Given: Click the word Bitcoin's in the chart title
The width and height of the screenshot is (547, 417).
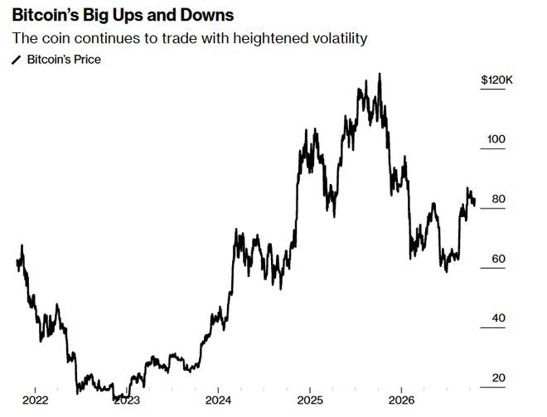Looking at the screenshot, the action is (x=46, y=16).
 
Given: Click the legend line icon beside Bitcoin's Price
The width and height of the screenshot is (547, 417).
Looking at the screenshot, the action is (x=17, y=60).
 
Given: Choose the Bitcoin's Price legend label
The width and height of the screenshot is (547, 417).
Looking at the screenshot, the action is (x=64, y=60).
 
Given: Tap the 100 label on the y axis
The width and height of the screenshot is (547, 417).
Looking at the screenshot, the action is (x=496, y=139).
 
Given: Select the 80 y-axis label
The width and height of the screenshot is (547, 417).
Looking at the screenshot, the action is (x=498, y=199).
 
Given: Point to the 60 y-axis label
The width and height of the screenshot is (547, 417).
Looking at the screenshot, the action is (x=498, y=259).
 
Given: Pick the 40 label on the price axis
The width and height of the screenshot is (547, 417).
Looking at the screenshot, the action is (x=498, y=318).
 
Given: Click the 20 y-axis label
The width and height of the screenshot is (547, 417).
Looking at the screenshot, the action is (x=498, y=377).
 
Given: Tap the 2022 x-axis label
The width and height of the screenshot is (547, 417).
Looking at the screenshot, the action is (x=36, y=400).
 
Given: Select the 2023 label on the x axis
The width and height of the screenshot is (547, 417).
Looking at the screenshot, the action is (x=127, y=400).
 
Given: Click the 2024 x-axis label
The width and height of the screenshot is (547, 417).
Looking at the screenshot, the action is (x=218, y=400).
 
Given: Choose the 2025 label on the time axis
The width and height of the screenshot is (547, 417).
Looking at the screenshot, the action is (x=310, y=400).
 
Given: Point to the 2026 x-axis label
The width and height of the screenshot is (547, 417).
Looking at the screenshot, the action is (x=401, y=400).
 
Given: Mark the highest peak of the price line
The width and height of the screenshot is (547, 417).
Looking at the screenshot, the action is (x=380, y=74).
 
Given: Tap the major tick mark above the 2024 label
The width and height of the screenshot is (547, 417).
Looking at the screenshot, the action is (x=218, y=390).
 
